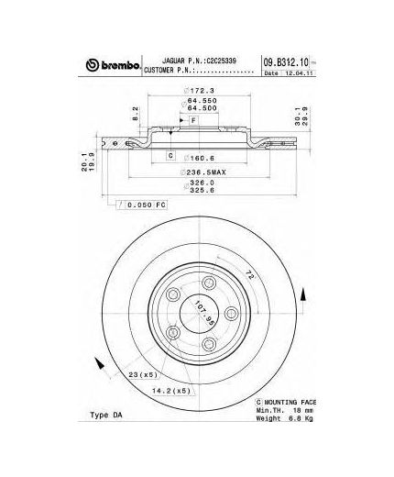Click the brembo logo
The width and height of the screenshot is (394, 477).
tap(114, 64)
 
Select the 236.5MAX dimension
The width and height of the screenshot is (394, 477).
tap(202, 171)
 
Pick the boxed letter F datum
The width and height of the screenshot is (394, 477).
tap(193, 120)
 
